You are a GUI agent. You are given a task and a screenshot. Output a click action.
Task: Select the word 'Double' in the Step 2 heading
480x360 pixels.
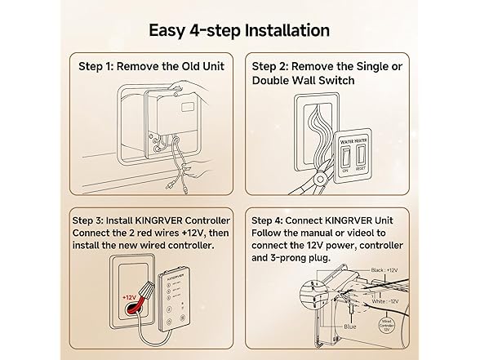274,81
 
